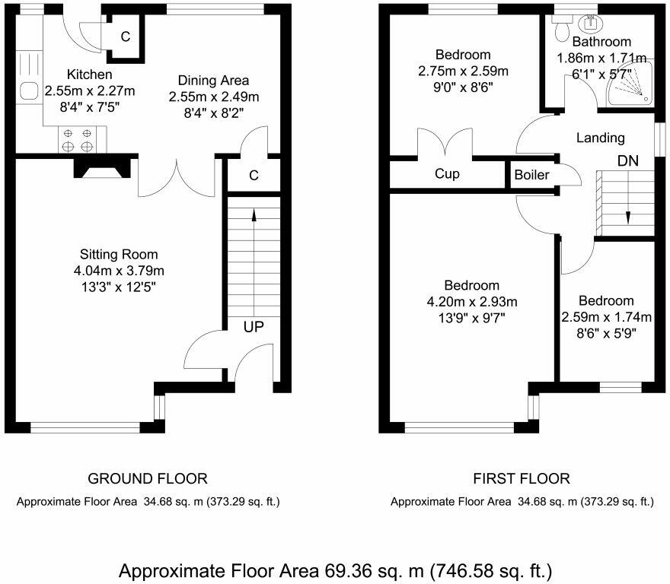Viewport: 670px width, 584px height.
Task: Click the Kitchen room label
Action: tap(89, 75)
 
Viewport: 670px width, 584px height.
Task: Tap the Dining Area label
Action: tap(213, 81)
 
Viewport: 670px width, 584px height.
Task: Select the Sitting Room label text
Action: tap(120, 254)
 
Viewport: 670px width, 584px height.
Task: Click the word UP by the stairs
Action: tap(254, 328)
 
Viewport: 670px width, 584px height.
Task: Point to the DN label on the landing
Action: tap(627, 161)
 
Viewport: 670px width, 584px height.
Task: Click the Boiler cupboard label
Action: tap(531, 175)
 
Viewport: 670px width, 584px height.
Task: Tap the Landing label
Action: tap(600, 138)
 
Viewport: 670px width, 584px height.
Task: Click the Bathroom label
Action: tap(601, 42)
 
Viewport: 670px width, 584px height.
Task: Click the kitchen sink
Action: tap(29, 90)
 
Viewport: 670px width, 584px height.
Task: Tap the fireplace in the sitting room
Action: tap(101, 167)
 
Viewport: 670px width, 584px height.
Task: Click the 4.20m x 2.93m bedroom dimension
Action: tap(472, 302)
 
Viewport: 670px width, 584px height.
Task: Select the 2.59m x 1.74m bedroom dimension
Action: tap(606, 317)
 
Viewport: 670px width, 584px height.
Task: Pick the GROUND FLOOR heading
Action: tap(148, 479)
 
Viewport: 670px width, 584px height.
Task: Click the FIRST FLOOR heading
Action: tap(522, 479)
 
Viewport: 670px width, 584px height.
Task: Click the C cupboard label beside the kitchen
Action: tap(125, 37)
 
